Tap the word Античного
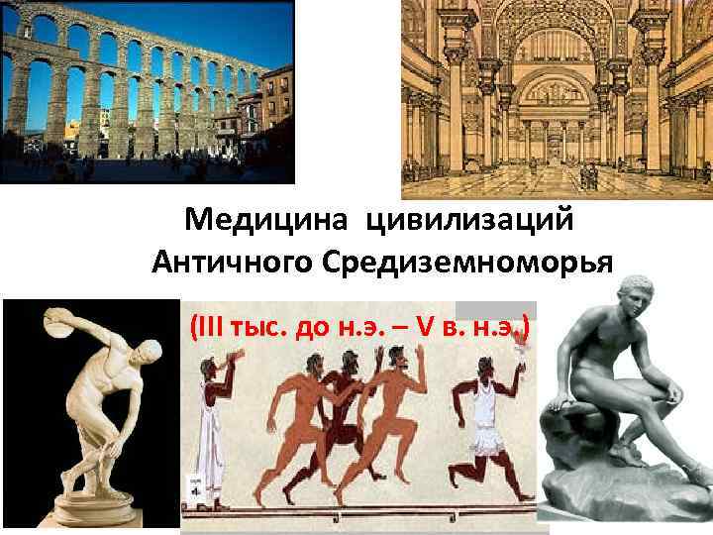[x=236, y=263]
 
